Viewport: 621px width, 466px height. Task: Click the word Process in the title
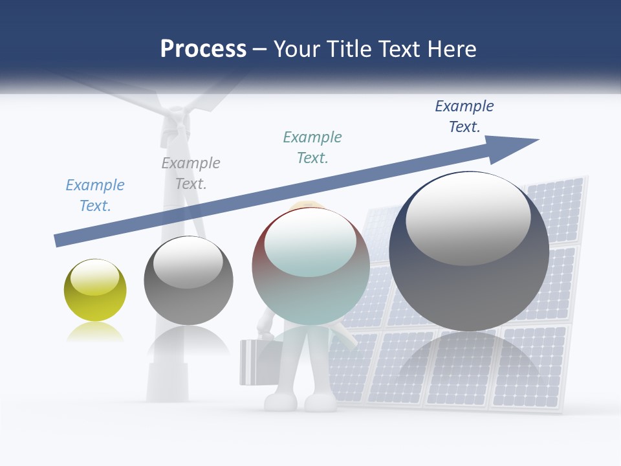click(203, 49)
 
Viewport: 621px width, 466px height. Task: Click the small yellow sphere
click(95, 290)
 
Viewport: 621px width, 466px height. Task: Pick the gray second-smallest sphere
click(188, 280)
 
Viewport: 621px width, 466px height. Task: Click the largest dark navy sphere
click(469, 251)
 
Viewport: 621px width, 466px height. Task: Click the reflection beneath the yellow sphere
click(94, 333)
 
